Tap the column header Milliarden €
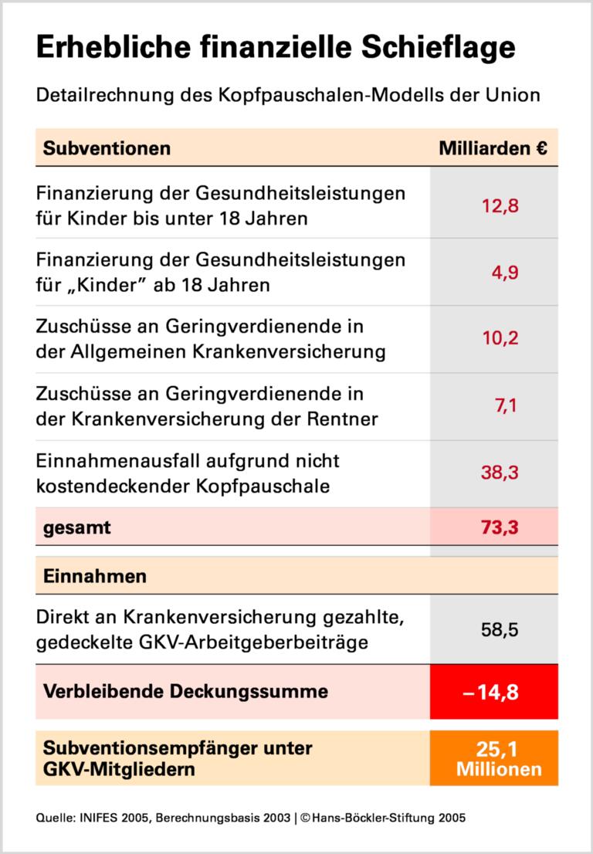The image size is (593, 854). pos(493,147)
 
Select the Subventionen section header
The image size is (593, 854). pos(107,147)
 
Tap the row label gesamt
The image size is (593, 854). pos(77,528)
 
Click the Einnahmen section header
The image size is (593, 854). pos(96,577)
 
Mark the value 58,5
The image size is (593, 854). pos(499,629)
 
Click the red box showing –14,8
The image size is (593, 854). pos(494,691)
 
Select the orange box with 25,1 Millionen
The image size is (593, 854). pos(494,758)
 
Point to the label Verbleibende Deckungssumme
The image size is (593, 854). pos(185,690)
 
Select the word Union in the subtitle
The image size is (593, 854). pos(512,97)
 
